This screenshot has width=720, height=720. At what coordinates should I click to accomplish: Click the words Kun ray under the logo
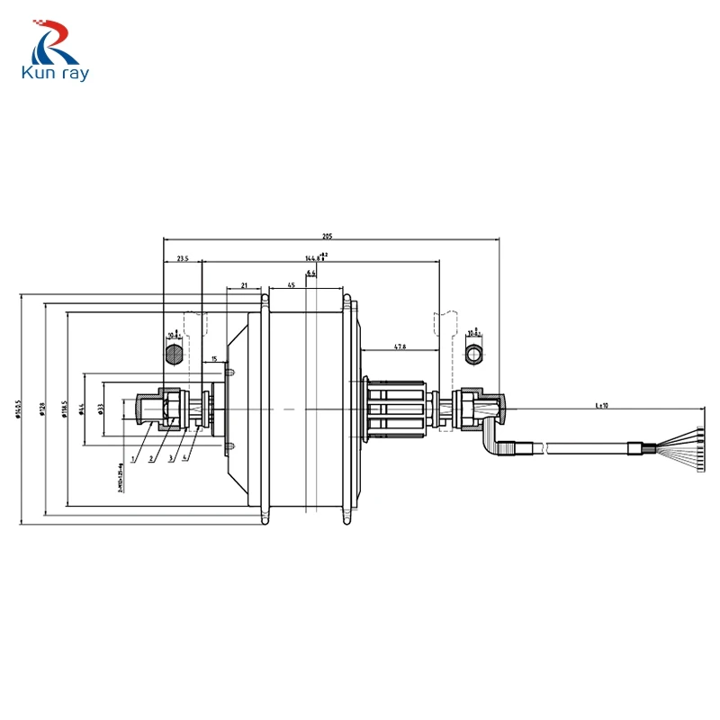[56, 74]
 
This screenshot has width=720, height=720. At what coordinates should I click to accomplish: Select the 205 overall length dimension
[328, 236]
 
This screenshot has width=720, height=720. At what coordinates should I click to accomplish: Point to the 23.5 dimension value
[183, 258]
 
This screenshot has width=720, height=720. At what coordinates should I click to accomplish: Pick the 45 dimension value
[291, 284]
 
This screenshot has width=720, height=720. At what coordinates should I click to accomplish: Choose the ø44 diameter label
[82, 409]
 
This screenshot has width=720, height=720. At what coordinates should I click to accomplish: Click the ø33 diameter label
[100, 409]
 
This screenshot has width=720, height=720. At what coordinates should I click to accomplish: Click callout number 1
[133, 458]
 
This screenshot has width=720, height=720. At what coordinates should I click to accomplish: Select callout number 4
[186, 458]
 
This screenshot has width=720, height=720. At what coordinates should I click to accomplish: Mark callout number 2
[151, 458]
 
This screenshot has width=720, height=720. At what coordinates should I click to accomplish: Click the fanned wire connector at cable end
[688, 446]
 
